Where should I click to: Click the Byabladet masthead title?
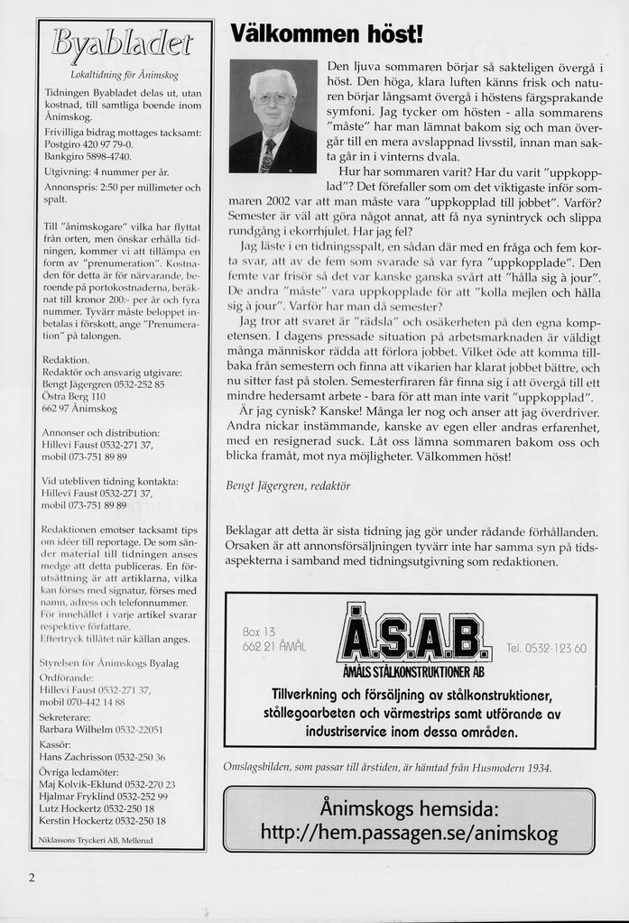click(124, 42)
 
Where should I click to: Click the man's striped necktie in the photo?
click(267, 155)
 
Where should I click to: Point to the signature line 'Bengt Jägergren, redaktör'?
click(287, 485)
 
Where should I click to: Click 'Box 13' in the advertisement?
click(259, 631)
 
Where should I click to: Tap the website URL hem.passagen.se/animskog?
click(409, 833)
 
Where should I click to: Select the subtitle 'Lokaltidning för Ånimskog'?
click(124, 73)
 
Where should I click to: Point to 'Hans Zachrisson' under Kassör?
click(76, 756)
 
